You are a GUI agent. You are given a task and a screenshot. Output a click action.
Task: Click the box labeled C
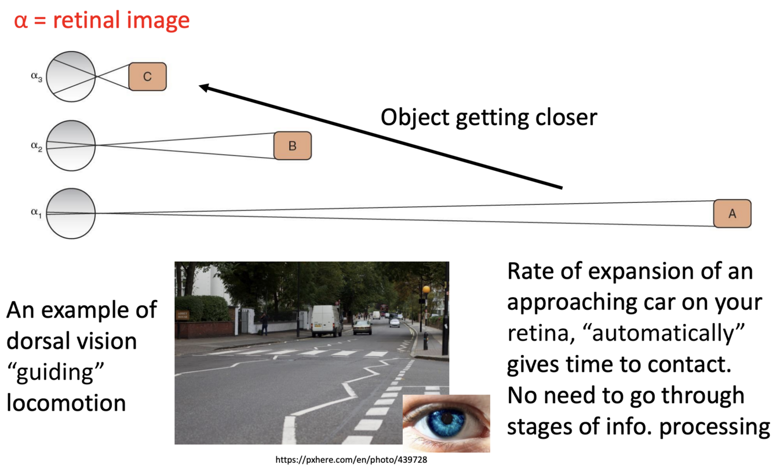point(147,76)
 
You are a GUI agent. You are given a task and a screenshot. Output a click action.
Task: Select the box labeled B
point(292,145)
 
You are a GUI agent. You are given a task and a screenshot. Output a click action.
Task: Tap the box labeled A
point(732,213)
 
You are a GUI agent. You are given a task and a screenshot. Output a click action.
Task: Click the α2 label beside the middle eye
point(37,146)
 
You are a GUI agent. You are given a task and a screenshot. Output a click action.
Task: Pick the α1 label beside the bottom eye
point(37,213)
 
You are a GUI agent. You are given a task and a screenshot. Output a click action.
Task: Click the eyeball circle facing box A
point(71,213)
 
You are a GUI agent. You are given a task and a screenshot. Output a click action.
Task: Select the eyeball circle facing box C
point(71,76)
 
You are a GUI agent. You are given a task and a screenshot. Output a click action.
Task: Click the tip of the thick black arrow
point(201,87)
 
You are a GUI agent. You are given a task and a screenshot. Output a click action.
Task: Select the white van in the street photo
point(326,320)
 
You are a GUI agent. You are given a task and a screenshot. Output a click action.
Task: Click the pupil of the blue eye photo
point(446,418)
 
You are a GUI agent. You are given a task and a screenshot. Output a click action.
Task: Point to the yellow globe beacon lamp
point(426,289)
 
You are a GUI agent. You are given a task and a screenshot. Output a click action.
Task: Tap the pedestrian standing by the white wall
point(265,324)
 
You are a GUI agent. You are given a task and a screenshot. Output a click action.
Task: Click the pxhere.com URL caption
point(352,460)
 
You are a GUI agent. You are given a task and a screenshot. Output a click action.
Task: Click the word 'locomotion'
point(66,403)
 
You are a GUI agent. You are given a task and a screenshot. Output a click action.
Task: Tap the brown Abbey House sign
point(183,316)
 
